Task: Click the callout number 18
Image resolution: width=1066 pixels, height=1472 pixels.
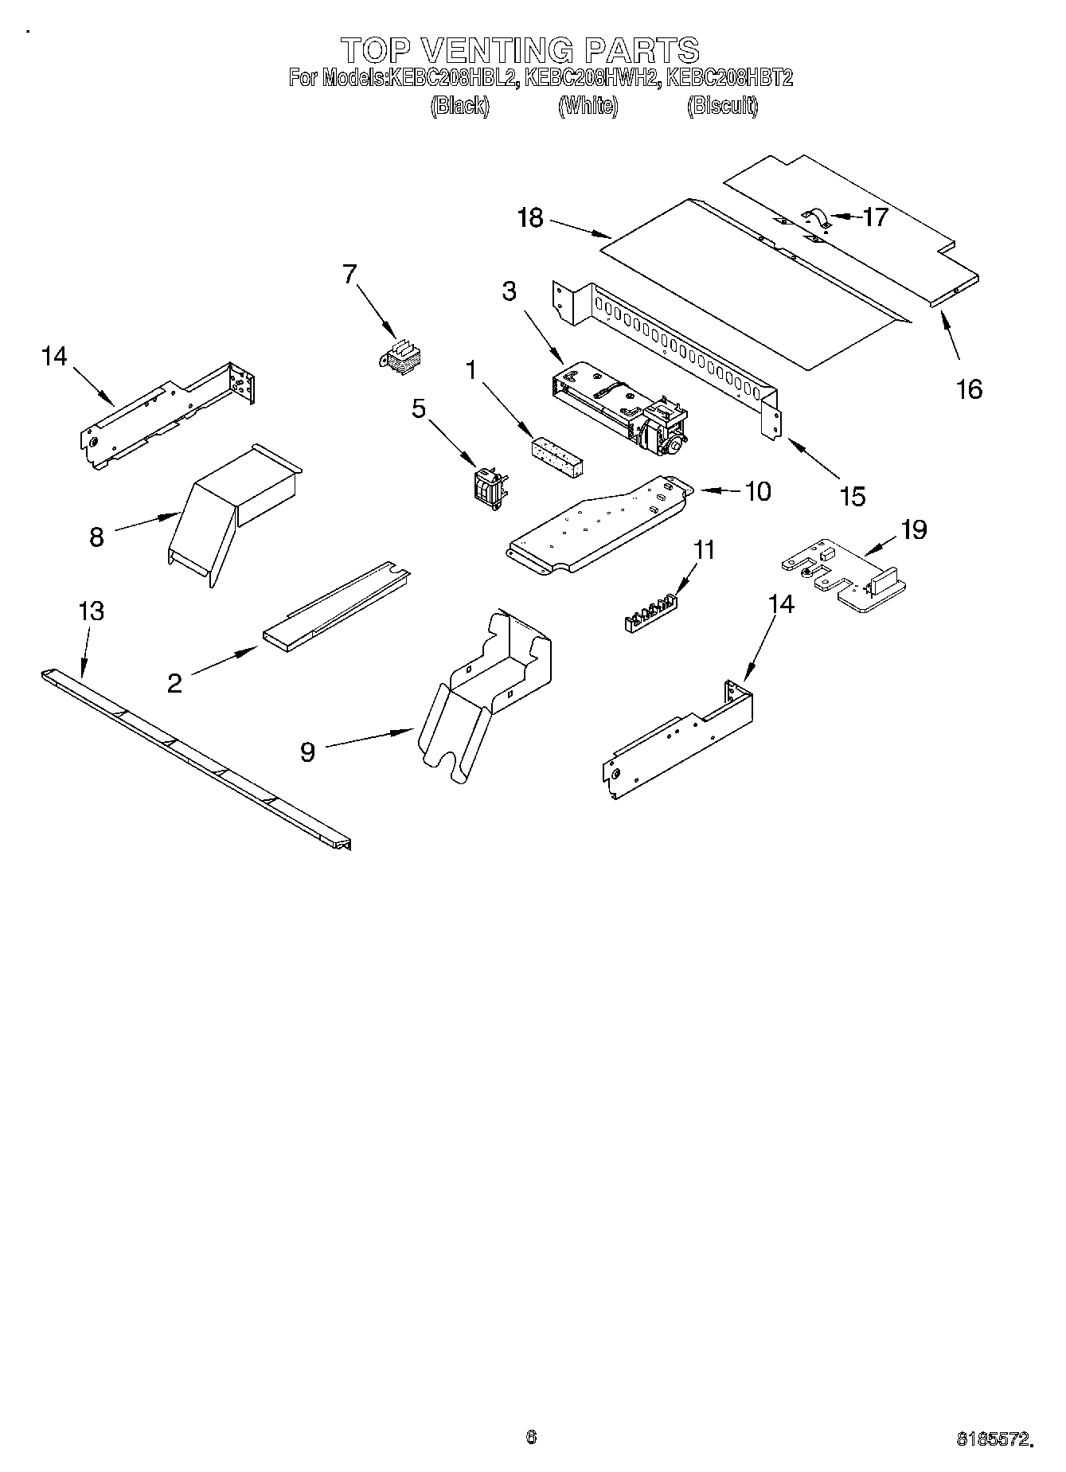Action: (x=529, y=217)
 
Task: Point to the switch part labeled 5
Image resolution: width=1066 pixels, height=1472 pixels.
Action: (x=489, y=485)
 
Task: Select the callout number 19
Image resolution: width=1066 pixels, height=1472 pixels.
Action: (x=914, y=529)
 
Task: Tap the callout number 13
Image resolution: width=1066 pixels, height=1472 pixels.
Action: (x=92, y=611)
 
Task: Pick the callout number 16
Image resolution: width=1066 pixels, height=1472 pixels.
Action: (x=970, y=389)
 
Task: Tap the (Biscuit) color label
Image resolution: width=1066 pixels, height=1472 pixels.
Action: (x=722, y=105)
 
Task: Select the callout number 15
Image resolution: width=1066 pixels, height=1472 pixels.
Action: (x=853, y=496)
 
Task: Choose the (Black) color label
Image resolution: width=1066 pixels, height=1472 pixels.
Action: (x=459, y=105)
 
